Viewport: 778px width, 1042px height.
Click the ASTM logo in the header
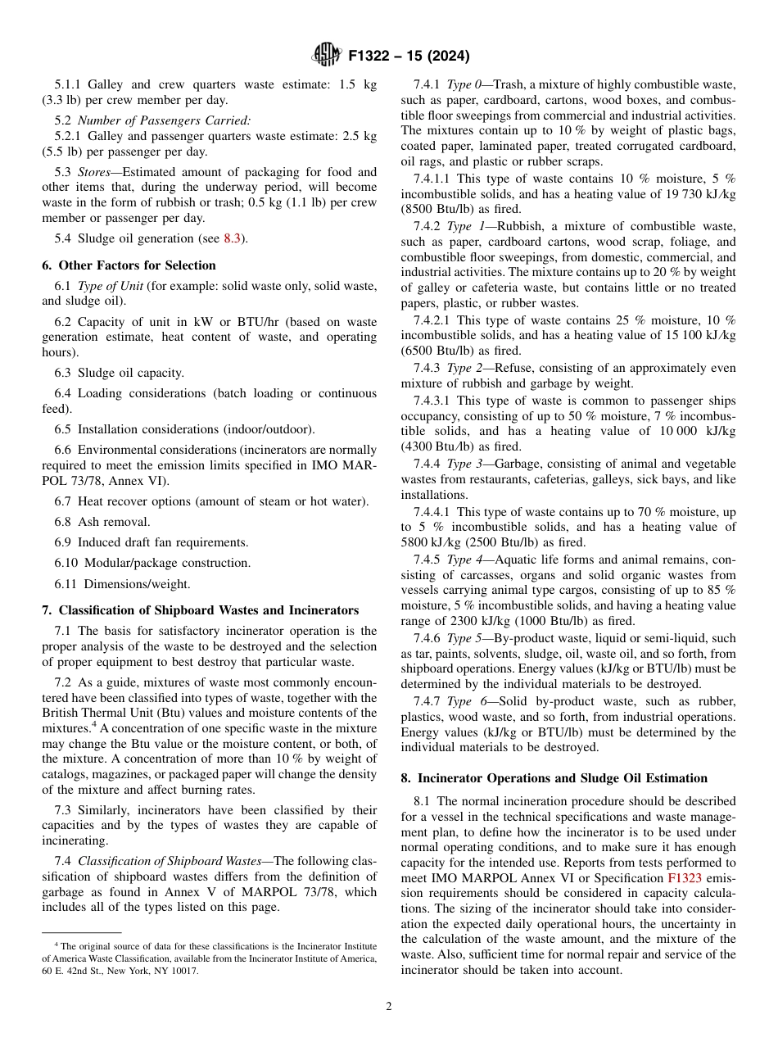point(327,56)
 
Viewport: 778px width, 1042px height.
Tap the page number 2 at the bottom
point(389,1007)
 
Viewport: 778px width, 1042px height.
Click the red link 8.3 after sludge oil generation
point(233,238)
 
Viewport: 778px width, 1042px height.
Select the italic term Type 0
point(463,85)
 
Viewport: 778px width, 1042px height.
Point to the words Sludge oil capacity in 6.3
point(131,373)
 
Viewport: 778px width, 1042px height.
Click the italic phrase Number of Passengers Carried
point(165,120)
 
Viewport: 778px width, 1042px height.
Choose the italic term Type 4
point(463,560)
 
